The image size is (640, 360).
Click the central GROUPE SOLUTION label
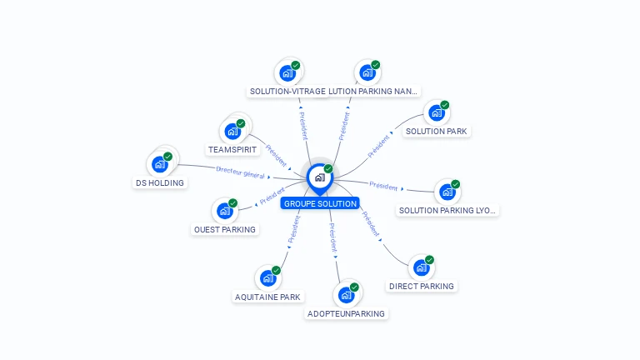point(320,203)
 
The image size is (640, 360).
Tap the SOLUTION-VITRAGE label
point(287,92)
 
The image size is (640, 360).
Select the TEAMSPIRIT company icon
point(232,132)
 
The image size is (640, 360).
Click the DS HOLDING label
point(159,182)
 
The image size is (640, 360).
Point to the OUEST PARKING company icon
point(223,211)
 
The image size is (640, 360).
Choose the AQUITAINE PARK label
point(267,297)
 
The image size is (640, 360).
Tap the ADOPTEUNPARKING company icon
point(346,295)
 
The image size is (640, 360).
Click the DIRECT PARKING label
point(422,286)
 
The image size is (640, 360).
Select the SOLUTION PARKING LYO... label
point(447,210)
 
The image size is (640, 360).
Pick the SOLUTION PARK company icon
point(436,113)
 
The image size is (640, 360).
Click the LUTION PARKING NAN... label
point(374,92)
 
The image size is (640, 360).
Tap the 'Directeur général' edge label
point(240,172)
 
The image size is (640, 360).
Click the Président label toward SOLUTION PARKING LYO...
point(383,186)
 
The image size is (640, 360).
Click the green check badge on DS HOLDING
point(167,156)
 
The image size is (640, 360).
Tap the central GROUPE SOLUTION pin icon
point(318,177)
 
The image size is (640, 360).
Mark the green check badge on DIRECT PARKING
point(430,260)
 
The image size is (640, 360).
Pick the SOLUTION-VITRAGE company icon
point(287,72)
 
